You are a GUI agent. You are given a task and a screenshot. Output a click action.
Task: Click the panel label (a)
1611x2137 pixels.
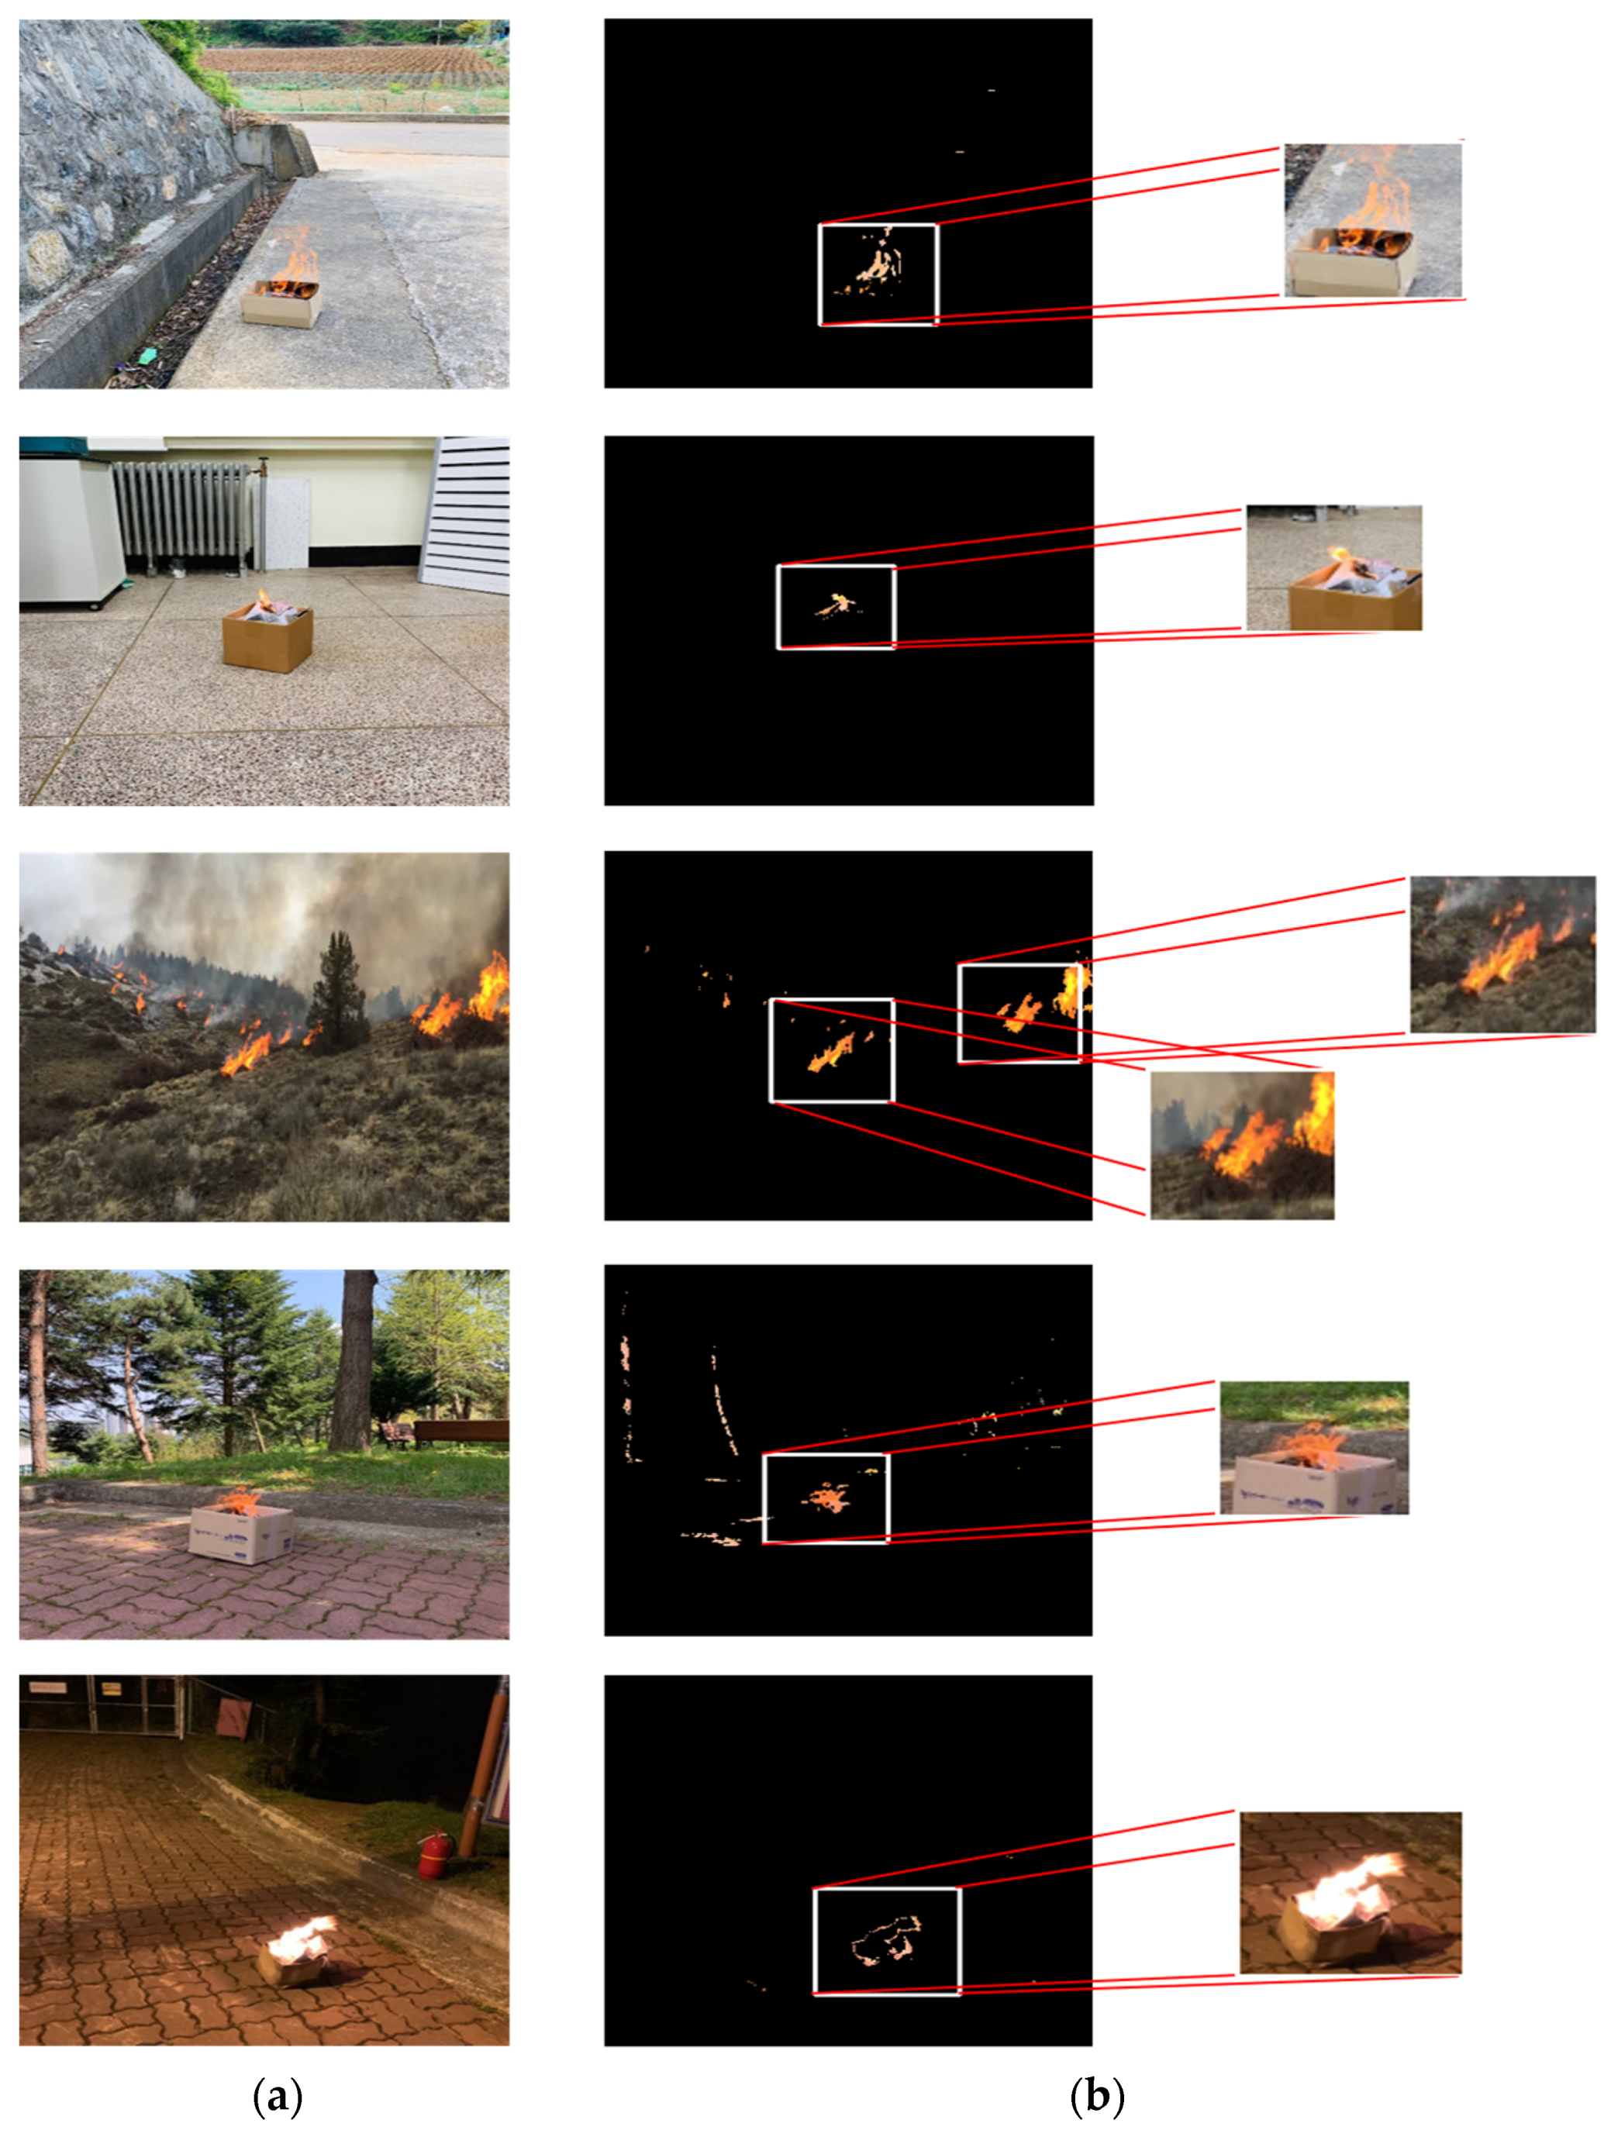click(278, 2097)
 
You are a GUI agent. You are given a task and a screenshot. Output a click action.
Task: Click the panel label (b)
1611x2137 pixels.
click(1098, 2097)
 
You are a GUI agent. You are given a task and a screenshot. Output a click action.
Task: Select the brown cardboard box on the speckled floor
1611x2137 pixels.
click(267, 638)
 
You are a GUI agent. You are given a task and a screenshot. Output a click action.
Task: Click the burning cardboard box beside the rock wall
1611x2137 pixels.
click(281, 302)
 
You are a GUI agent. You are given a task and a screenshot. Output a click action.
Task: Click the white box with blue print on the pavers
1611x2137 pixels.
click(240, 1533)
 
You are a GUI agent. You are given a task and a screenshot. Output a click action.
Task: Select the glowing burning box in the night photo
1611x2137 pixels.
click(298, 1953)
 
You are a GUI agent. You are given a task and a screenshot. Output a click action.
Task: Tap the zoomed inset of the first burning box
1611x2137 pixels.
click(1372, 219)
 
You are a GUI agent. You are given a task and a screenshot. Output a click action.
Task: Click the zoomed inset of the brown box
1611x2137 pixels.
click(1333, 567)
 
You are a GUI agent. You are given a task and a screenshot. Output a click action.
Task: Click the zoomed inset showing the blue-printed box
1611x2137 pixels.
click(1313, 1447)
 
